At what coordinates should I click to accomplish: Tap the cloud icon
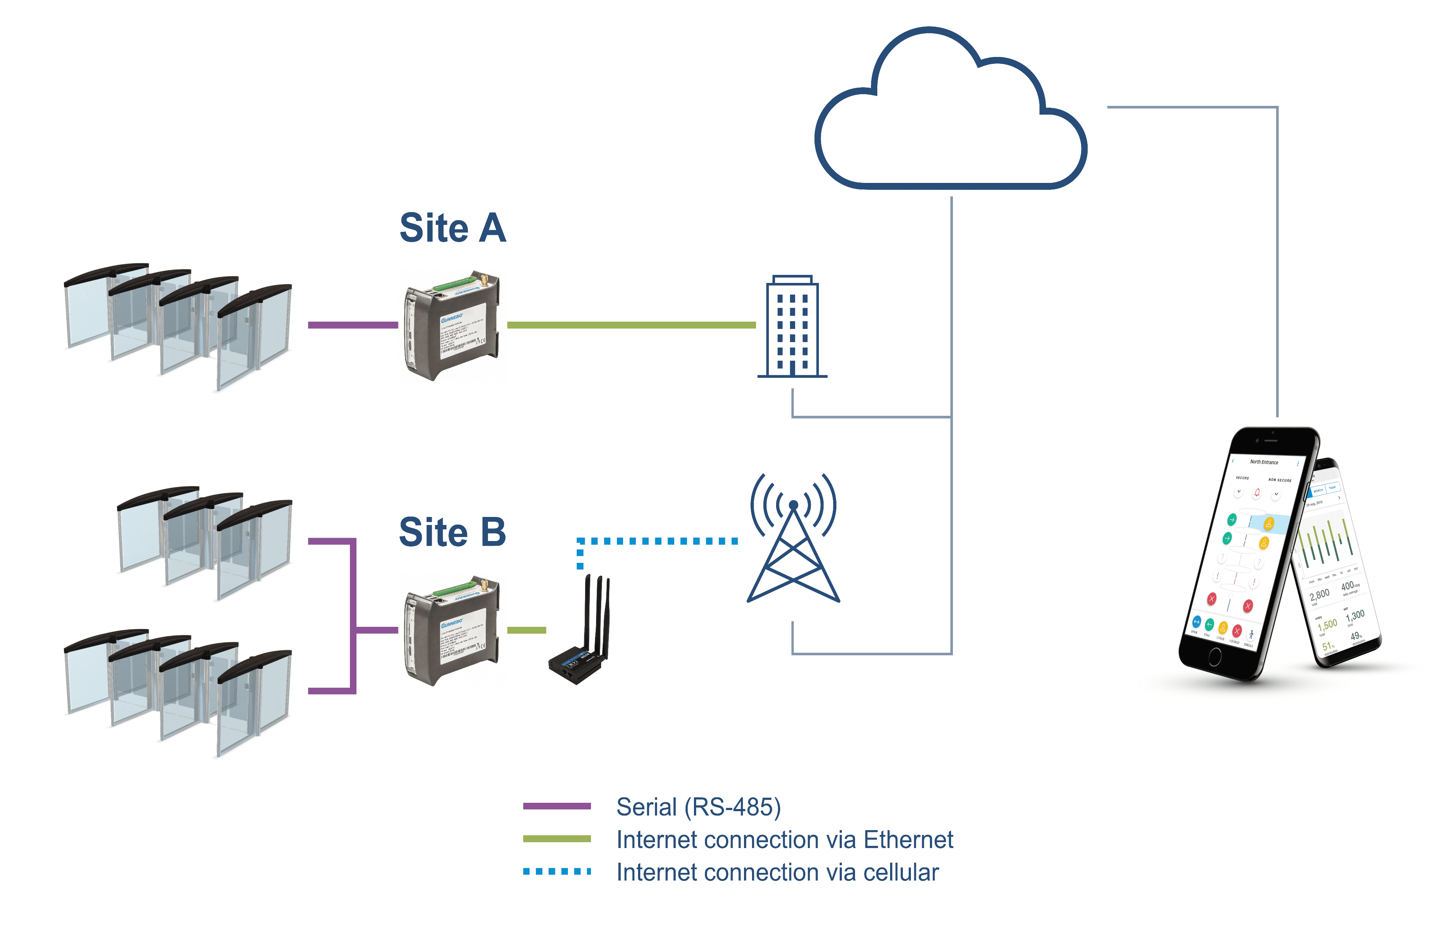[x=950, y=114]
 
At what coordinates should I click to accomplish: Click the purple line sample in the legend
[x=557, y=806]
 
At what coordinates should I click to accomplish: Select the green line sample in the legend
[x=557, y=839]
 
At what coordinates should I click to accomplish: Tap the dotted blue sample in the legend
[x=557, y=871]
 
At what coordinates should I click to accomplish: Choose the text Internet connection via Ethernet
[x=785, y=840]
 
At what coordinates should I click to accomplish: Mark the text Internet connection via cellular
[x=778, y=872]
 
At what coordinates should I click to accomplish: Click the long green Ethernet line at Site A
[x=631, y=325]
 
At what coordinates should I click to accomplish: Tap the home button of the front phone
[x=1214, y=657]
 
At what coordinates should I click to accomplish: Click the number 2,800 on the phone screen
[x=1320, y=595]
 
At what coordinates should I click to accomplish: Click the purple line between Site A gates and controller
[x=353, y=325]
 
